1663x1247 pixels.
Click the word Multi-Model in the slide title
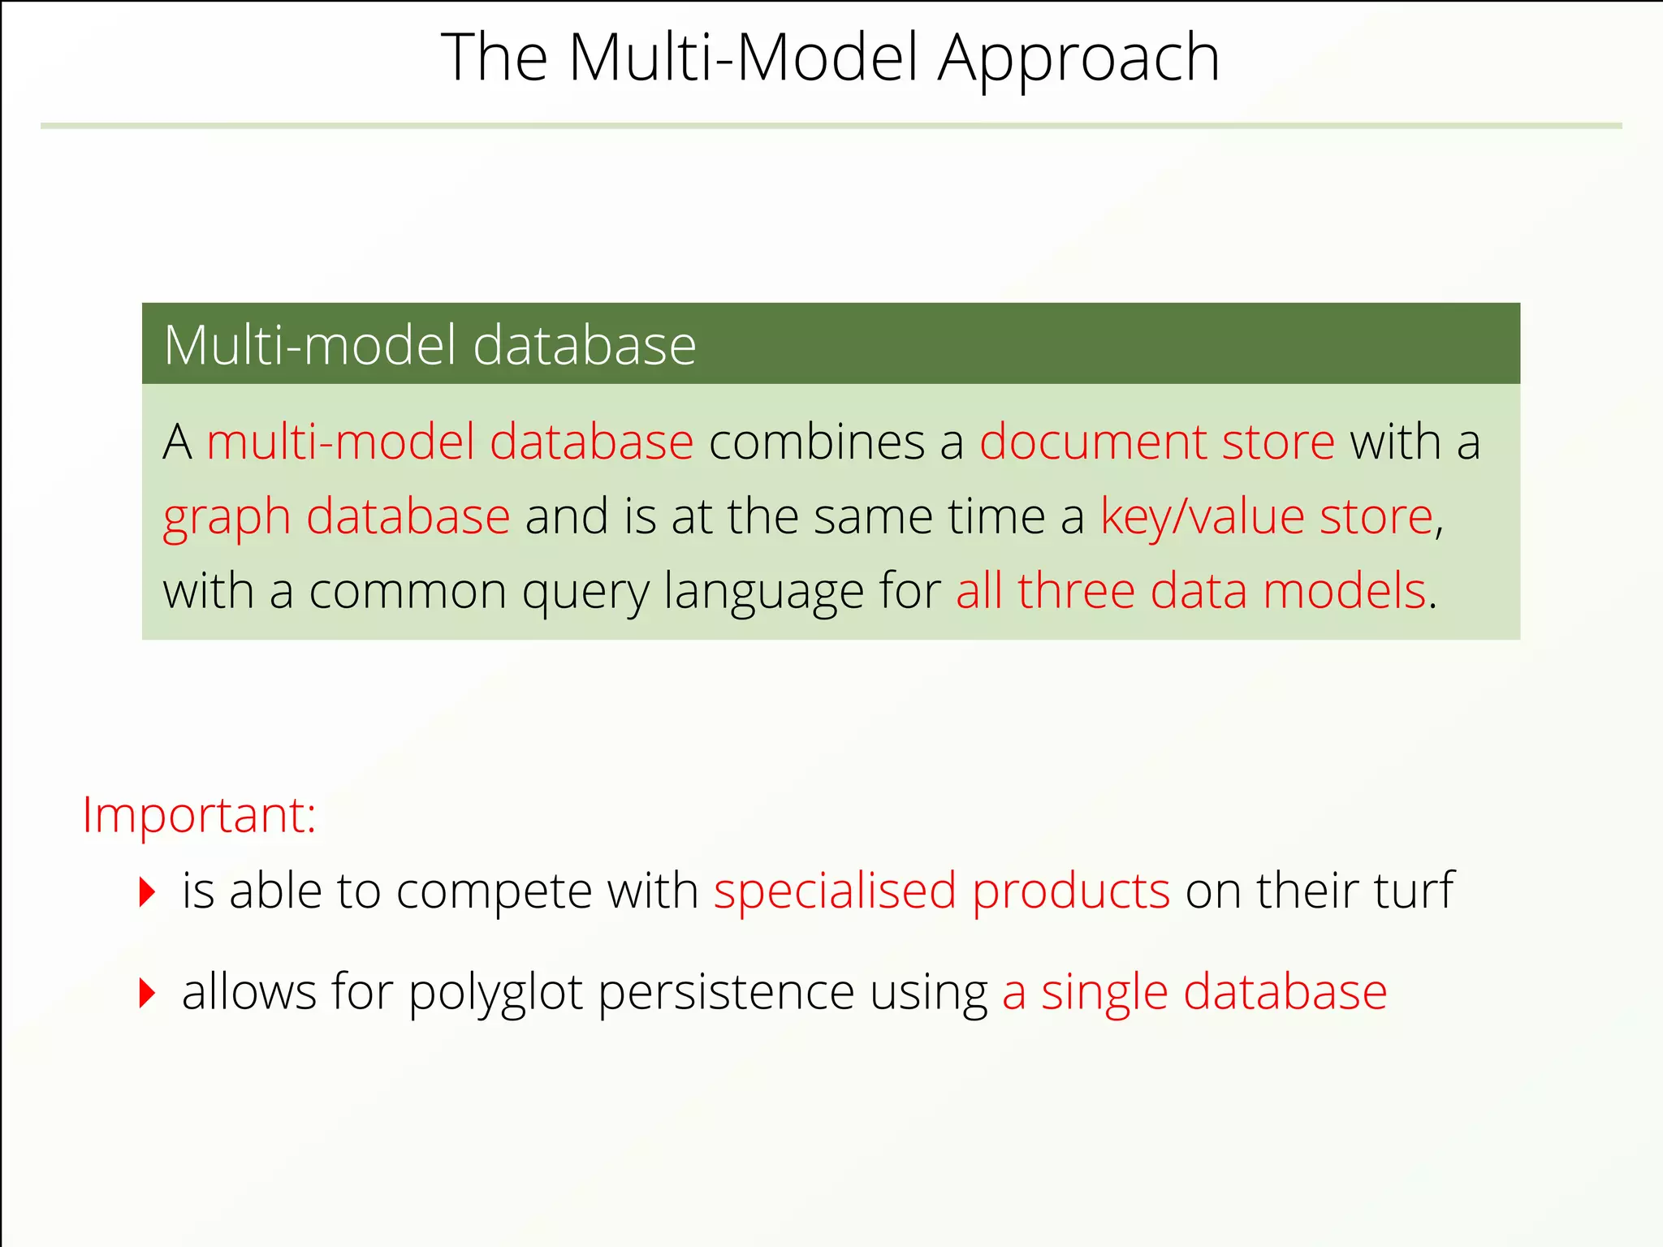click(744, 58)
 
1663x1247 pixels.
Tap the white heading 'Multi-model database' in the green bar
click(430, 345)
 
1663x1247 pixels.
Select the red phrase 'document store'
click(1157, 442)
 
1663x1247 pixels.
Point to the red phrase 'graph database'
click(336, 517)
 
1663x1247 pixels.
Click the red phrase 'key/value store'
click(1267, 517)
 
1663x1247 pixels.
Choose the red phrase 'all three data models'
click(1190, 590)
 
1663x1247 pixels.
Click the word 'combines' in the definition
click(817, 442)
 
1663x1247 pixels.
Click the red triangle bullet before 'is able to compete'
click(147, 892)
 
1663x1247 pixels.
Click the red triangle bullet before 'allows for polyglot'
click(147, 993)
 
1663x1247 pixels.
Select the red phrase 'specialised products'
click(942, 891)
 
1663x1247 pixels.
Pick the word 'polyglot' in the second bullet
click(495, 993)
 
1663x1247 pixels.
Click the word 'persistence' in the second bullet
click(726, 992)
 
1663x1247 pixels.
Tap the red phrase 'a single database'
click(1194, 992)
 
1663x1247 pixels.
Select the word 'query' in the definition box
click(585, 592)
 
